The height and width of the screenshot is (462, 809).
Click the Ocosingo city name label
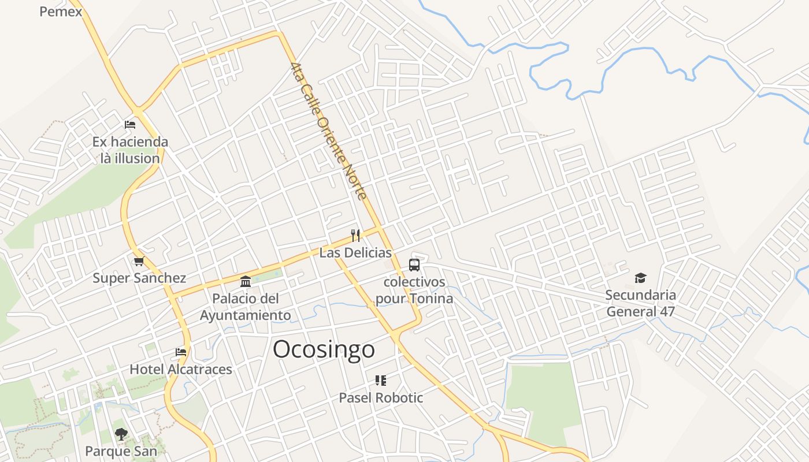[x=324, y=349]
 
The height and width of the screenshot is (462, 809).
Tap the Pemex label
[x=61, y=11]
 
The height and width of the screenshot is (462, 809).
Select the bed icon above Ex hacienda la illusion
[x=130, y=124]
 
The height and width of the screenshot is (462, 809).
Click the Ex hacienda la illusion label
[x=130, y=150]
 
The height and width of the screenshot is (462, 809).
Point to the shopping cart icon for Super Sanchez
[x=139, y=261]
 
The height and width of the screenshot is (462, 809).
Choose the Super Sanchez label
[x=139, y=278]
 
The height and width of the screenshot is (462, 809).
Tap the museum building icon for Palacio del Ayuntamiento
[x=246, y=281]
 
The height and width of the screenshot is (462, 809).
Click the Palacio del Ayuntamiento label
[x=246, y=307]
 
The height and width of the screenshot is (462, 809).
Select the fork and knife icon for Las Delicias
[x=355, y=235]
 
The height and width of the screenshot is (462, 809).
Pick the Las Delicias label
[x=355, y=252]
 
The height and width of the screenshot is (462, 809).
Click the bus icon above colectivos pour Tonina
[x=414, y=265]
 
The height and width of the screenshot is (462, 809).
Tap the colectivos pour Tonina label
[x=414, y=290]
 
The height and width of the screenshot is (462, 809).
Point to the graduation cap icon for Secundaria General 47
[x=640, y=278]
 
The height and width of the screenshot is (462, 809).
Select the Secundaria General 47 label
[x=640, y=303]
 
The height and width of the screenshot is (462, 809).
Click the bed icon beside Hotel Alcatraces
[x=181, y=352]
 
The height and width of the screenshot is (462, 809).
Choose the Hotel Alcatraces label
[x=181, y=369]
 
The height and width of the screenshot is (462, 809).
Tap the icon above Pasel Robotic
[x=380, y=380]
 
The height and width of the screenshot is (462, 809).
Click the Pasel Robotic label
[x=381, y=397]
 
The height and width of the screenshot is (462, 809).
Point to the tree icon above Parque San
[x=121, y=434]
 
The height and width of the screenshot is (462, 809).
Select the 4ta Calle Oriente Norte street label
[x=329, y=131]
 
